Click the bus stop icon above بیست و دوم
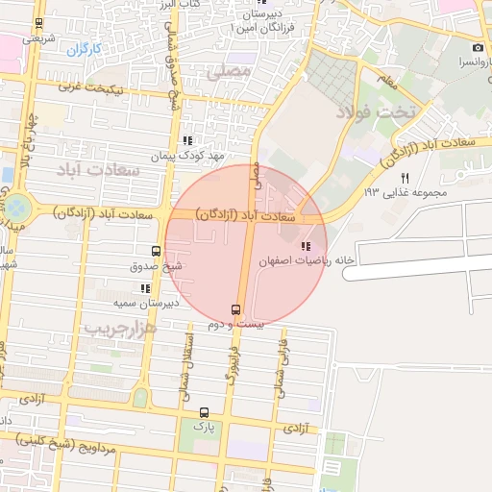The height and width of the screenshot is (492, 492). tap(236, 309)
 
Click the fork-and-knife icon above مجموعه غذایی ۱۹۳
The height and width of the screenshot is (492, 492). tap(405, 178)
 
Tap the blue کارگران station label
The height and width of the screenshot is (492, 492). tap(86, 48)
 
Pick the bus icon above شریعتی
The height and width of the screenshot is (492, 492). tap(37, 23)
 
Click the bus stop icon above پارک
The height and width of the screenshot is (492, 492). tap(203, 411)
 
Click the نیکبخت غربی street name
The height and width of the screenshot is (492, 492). tap(92, 87)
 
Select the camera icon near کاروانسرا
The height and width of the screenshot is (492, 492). tap(478, 48)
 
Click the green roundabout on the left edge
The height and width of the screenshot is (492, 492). tap(19, 206)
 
